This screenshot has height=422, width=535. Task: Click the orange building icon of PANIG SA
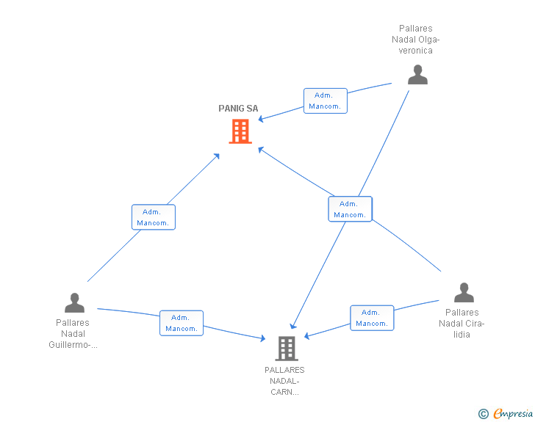point(240,131)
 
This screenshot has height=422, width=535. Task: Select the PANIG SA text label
point(238,109)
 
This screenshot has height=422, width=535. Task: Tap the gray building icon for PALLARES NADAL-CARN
point(287,349)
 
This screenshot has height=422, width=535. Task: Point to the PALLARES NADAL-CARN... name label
point(284,381)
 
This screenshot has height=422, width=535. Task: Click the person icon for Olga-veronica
point(417,75)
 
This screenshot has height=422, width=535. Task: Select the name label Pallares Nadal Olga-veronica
point(416,39)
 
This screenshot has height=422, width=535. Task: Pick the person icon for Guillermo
point(74,302)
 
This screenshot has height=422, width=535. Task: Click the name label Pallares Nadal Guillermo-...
point(73,334)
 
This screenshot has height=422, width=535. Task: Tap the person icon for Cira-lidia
point(464,293)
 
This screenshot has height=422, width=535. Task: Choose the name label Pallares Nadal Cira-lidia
point(462,324)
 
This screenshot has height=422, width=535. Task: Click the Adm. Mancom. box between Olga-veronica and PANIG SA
point(326,101)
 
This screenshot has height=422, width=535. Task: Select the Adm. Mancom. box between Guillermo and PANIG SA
point(154,217)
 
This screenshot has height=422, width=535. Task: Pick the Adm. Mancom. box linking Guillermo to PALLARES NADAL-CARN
point(182,323)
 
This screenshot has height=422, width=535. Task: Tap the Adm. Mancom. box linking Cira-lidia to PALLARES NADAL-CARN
point(372,318)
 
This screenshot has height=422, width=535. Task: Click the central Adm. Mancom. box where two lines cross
point(350,209)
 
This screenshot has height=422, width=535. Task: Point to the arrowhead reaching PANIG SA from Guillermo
point(217,156)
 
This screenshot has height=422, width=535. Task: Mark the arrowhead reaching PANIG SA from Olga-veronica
point(261,119)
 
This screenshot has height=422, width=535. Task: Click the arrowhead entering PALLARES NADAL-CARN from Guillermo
point(263,338)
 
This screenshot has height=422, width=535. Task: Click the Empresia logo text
point(513,413)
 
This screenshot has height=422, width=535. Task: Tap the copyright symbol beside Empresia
point(483,414)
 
